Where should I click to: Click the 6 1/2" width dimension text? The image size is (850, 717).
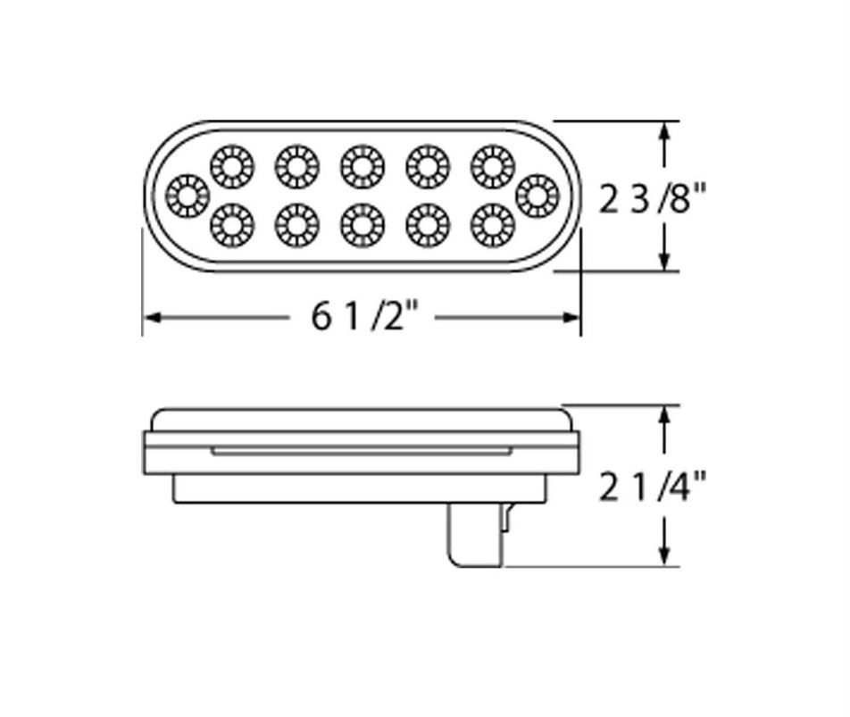pyautogui.click(x=366, y=316)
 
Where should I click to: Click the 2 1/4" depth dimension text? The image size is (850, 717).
pyautogui.click(x=653, y=486)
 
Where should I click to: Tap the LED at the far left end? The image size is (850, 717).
pyautogui.click(x=187, y=196)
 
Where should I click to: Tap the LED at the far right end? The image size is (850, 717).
pyautogui.click(x=537, y=196)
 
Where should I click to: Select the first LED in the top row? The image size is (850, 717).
pyautogui.click(x=232, y=166)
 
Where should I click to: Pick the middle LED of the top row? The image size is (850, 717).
pyautogui.click(x=362, y=166)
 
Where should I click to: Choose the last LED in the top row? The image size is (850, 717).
pyautogui.click(x=493, y=166)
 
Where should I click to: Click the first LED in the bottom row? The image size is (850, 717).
pyautogui.click(x=232, y=225)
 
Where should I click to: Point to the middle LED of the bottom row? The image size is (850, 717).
pyautogui.click(x=362, y=225)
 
